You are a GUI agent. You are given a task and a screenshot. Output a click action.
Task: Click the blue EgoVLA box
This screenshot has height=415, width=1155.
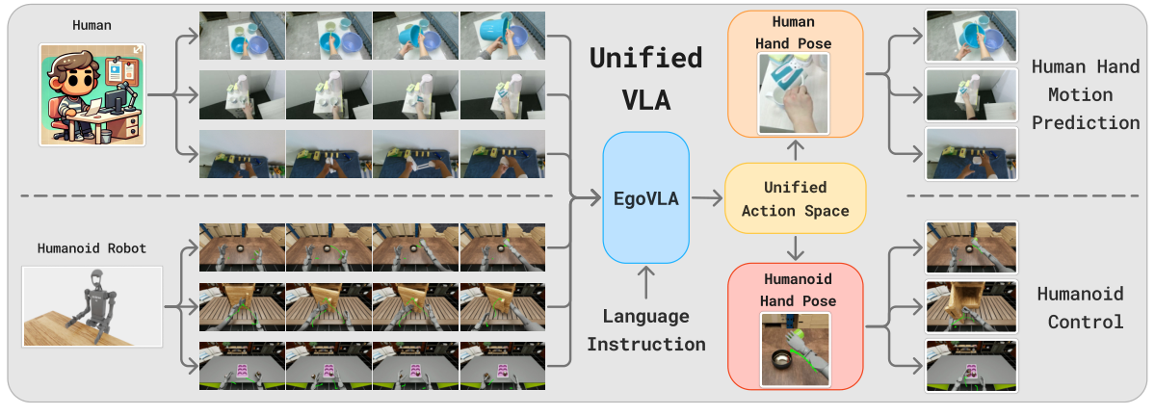click(645, 199)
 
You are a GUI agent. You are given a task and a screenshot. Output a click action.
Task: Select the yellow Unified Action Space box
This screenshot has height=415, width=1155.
click(795, 199)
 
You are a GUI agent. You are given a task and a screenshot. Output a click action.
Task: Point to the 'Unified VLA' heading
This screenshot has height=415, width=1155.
click(645, 78)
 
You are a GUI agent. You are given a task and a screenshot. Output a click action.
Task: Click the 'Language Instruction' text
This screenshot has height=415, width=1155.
click(645, 330)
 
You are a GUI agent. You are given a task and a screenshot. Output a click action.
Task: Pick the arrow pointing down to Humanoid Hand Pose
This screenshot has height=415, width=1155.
click(795, 249)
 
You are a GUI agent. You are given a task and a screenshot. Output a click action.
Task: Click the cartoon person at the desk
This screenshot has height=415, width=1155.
click(92, 93)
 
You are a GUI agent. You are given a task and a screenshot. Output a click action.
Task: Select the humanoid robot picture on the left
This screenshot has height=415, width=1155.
click(92, 306)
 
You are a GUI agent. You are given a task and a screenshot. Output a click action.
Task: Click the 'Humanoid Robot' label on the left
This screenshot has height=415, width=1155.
click(92, 248)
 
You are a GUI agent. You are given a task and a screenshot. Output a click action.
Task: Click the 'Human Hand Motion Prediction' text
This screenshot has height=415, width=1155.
click(1085, 94)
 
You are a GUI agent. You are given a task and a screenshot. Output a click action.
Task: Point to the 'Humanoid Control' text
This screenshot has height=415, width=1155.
click(1079, 307)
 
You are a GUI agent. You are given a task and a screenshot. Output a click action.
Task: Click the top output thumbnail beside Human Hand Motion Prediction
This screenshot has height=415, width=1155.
click(971, 36)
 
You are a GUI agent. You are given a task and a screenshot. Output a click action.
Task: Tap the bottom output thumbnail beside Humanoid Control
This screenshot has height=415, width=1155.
click(971, 365)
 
